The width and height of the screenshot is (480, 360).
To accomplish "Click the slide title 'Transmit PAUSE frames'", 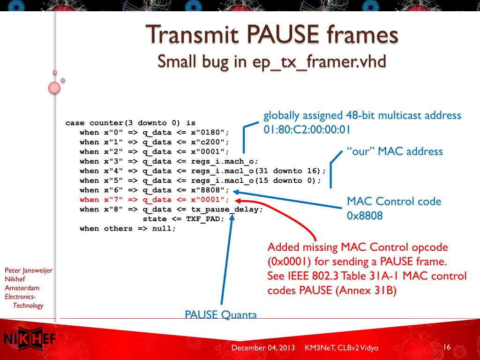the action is point(272,36).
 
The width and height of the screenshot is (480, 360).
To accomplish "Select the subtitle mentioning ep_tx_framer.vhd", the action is point(272,61).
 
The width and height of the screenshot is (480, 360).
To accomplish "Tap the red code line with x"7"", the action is point(155,200).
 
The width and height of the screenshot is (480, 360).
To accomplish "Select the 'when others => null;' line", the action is point(127,229).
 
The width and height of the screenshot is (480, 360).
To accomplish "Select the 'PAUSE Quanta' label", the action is point(221,315).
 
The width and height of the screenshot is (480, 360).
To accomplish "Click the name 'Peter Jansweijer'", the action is point(28,270).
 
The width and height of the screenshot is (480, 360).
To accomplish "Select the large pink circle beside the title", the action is point(54,87).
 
